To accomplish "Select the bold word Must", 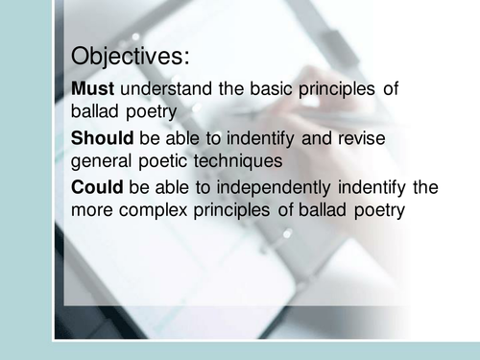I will (92, 89).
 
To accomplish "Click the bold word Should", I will (103, 137).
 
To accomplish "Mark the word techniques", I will (241, 160).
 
